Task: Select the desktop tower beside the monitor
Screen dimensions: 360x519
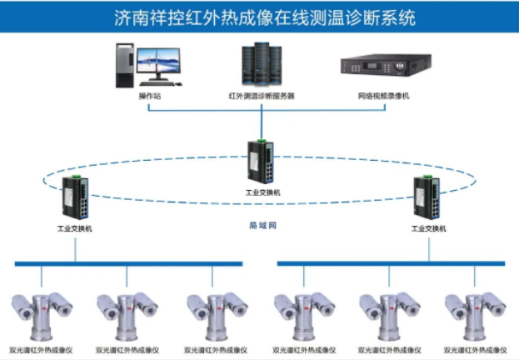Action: [x=123, y=66]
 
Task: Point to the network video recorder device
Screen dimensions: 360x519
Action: [x=385, y=66]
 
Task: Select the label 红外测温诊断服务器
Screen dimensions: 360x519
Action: [x=262, y=97]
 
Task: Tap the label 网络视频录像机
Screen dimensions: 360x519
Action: [x=384, y=97]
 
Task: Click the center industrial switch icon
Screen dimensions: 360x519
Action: [x=260, y=161]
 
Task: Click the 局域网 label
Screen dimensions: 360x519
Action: [x=262, y=226]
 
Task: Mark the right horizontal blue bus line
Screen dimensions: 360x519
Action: [x=391, y=263]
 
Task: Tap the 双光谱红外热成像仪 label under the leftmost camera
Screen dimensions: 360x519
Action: [x=36, y=350]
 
